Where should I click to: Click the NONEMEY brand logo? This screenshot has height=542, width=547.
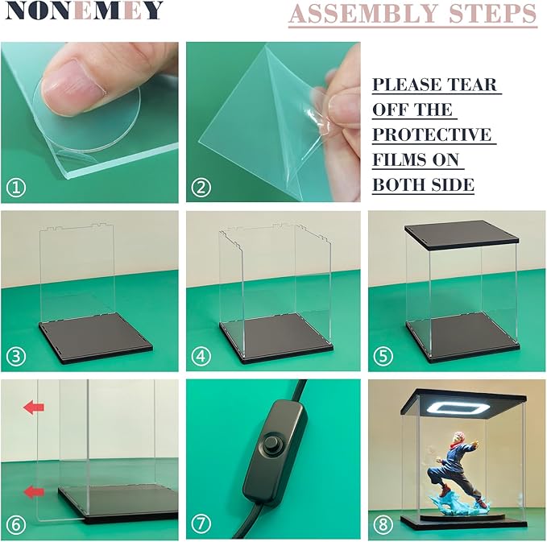pyautogui.click(x=84, y=10)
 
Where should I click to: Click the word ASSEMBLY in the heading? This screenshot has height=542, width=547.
pyautogui.click(x=363, y=13)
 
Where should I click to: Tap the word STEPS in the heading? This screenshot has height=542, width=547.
pyautogui.click(x=492, y=13)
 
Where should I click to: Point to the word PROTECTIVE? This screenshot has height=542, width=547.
pyautogui.click(x=432, y=134)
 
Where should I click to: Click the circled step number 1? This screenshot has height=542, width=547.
pyautogui.click(x=16, y=188)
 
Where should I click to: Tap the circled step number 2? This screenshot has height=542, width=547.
pyautogui.click(x=201, y=188)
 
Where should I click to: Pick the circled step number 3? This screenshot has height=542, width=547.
pyautogui.click(x=16, y=356)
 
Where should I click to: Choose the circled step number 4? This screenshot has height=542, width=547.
pyautogui.click(x=201, y=356)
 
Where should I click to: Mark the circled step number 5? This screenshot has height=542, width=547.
pyautogui.click(x=383, y=356)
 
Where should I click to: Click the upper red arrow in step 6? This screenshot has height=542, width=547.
pyautogui.click(x=34, y=407)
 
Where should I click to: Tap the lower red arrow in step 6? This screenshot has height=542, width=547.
pyautogui.click(x=34, y=492)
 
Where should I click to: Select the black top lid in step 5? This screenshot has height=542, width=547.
pyautogui.click(x=462, y=234)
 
